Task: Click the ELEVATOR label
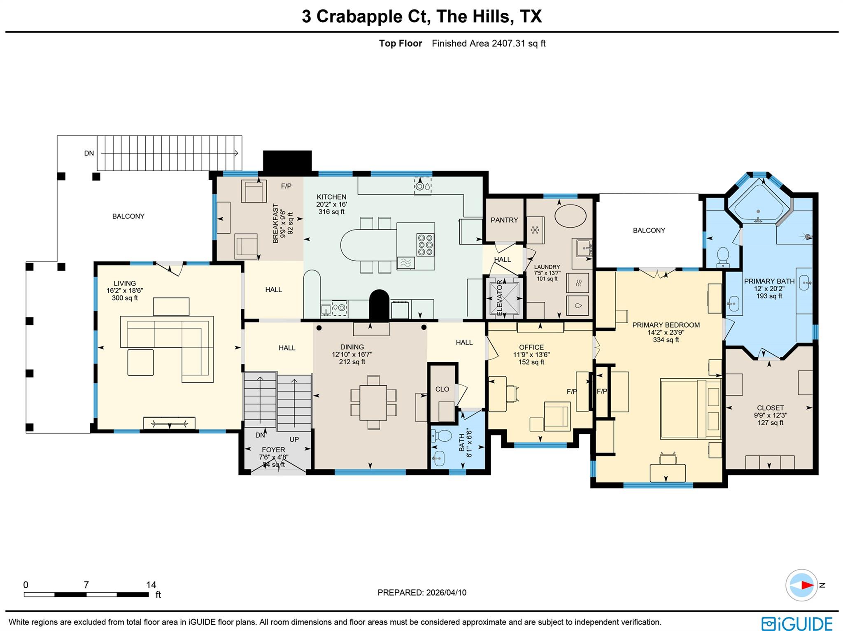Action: (x=500, y=298)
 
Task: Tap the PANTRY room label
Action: (x=504, y=220)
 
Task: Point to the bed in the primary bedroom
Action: (x=690, y=408)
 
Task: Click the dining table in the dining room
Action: (x=373, y=402)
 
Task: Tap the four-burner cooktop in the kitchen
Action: (x=425, y=245)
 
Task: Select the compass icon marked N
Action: (x=801, y=585)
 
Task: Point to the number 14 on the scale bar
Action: (x=151, y=584)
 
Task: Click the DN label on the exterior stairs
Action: (x=89, y=153)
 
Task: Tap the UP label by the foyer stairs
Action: (x=294, y=439)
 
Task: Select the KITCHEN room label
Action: (x=331, y=197)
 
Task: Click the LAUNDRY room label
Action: (x=547, y=267)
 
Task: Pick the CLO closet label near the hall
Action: (x=442, y=389)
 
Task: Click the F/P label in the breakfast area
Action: (x=286, y=186)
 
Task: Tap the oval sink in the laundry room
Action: (x=571, y=215)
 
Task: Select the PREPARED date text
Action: (x=421, y=592)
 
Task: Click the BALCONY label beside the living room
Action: (x=128, y=216)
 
